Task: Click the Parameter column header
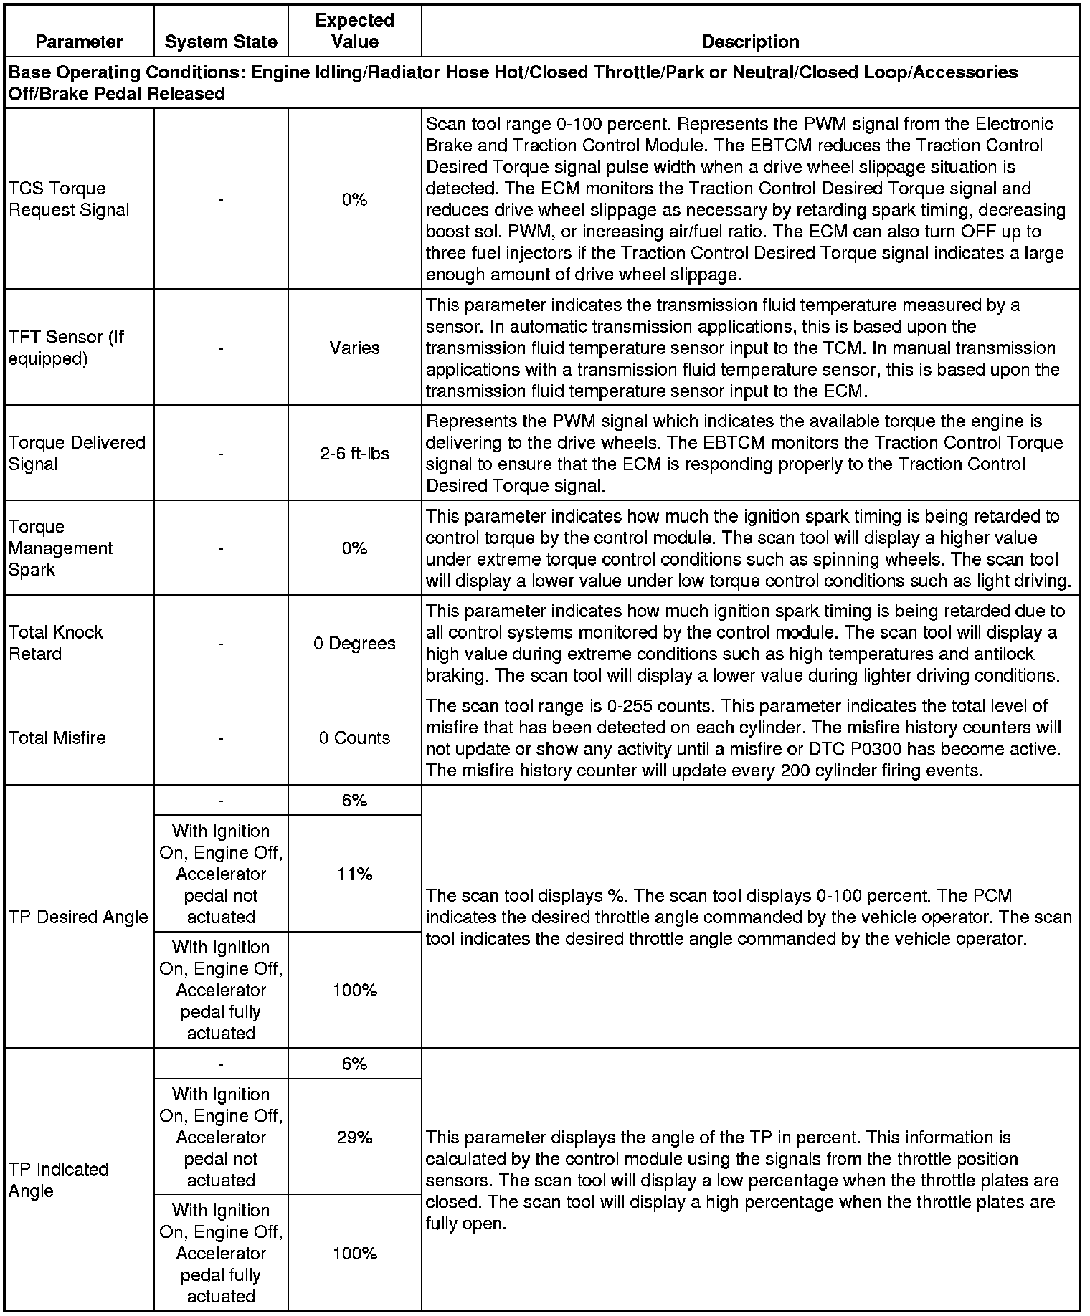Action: (x=79, y=42)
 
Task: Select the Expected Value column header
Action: (x=354, y=31)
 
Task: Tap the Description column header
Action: (x=750, y=42)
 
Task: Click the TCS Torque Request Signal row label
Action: (x=69, y=199)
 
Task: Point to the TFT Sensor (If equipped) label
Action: (x=66, y=348)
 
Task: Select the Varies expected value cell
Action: (x=354, y=348)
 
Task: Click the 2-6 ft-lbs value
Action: (x=354, y=454)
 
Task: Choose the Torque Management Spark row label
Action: (x=61, y=548)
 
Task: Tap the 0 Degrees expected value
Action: (x=354, y=643)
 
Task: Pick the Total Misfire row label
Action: (x=57, y=738)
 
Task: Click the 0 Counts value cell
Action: (x=354, y=738)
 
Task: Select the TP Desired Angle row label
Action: (x=78, y=917)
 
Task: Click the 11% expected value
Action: (x=354, y=874)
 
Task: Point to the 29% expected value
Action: (x=354, y=1137)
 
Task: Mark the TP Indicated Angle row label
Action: (x=59, y=1180)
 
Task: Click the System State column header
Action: (x=221, y=42)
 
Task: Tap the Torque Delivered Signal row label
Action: (x=77, y=453)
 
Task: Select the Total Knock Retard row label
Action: (x=56, y=643)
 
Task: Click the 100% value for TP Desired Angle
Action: (x=354, y=990)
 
